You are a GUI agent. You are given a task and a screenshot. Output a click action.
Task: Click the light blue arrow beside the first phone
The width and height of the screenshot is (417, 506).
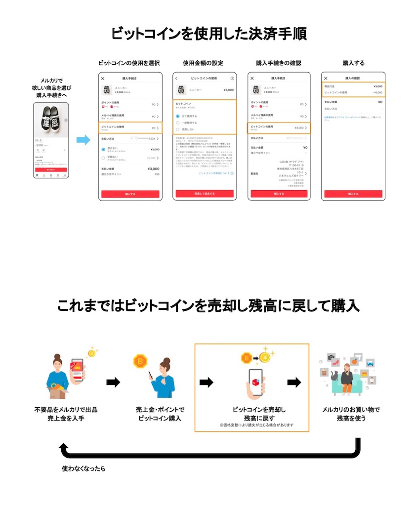[83, 140]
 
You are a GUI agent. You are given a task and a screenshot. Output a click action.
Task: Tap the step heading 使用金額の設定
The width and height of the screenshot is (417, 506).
[203, 63]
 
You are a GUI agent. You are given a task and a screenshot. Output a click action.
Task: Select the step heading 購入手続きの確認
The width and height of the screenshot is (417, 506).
[278, 63]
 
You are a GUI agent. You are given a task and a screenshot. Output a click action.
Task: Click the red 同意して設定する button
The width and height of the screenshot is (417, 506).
[203, 194]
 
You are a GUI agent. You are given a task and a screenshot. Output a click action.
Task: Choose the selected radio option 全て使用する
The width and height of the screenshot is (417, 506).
[178, 116]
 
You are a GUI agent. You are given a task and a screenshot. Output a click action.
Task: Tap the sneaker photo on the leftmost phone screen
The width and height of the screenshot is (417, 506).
[51, 120]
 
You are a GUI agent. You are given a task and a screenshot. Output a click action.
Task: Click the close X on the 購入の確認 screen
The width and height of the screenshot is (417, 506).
[326, 79]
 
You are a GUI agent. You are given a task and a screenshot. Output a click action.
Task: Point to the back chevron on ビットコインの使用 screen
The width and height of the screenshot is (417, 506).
[176, 79]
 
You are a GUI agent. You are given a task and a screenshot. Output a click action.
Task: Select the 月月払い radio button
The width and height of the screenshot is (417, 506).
[104, 149]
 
